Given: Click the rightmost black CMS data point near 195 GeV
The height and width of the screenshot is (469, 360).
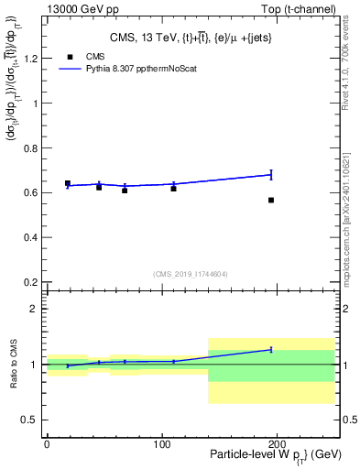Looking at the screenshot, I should coord(271,200).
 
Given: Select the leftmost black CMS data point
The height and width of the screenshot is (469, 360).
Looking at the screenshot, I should coord(68,183).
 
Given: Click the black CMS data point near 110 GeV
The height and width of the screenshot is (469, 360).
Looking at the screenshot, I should coord(173,188).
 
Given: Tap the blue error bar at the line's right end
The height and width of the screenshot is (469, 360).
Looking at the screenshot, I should coord(271,174).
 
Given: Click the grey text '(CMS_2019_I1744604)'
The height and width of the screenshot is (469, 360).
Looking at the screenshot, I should coord(190,273).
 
